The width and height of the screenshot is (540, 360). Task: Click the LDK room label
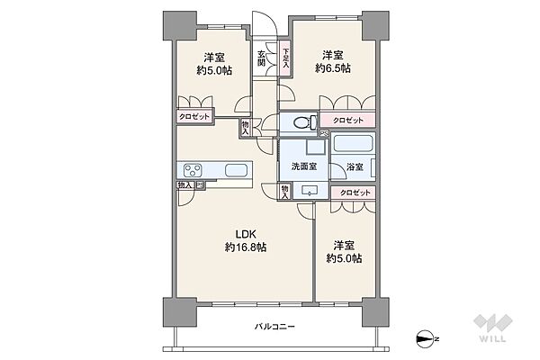(245, 234)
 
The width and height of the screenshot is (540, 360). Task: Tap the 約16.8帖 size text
(246, 247)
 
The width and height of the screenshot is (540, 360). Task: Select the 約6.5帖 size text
(333, 68)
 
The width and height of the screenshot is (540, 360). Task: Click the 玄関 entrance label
(261, 58)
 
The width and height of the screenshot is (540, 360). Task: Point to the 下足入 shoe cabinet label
(286, 58)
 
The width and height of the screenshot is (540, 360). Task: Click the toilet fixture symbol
(305, 122)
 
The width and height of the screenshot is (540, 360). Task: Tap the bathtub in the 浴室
(354, 144)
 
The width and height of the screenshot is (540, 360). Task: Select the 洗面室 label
(304, 166)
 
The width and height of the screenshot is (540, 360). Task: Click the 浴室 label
(355, 167)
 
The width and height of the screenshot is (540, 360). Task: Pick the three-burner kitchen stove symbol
(193, 170)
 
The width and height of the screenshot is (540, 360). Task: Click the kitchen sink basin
(236, 170)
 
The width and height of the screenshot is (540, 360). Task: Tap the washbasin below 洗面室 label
(310, 191)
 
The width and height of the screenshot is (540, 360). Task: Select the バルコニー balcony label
(274, 326)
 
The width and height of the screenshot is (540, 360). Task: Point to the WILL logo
(492, 328)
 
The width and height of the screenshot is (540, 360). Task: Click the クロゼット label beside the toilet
(347, 121)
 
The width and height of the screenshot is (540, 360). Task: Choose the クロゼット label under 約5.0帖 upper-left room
(194, 116)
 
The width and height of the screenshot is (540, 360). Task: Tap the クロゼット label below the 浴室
(355, 193)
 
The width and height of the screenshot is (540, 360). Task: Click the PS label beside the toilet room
(324, 134)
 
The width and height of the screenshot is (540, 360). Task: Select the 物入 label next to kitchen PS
(185, 185)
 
